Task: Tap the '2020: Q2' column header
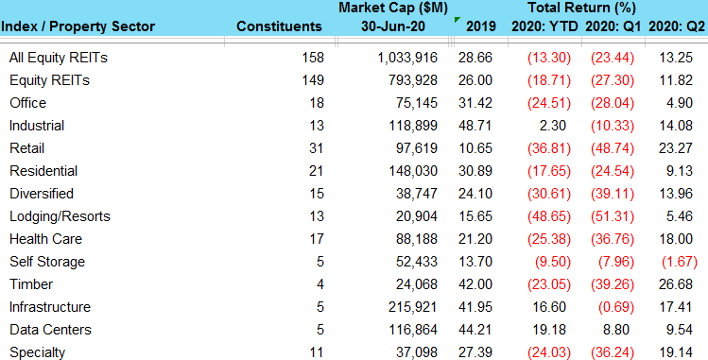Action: [x=678, y=26]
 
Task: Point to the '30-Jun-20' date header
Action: [x=389, y=26]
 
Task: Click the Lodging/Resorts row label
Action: [x=60, y=216]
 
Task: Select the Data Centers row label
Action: [x=50, y=330]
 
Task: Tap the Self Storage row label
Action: [x=47, y=262]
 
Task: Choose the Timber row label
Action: [x=28, y=284]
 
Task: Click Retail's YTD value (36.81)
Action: [x=546, y=148]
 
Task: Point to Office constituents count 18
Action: [x=314, y=103]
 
